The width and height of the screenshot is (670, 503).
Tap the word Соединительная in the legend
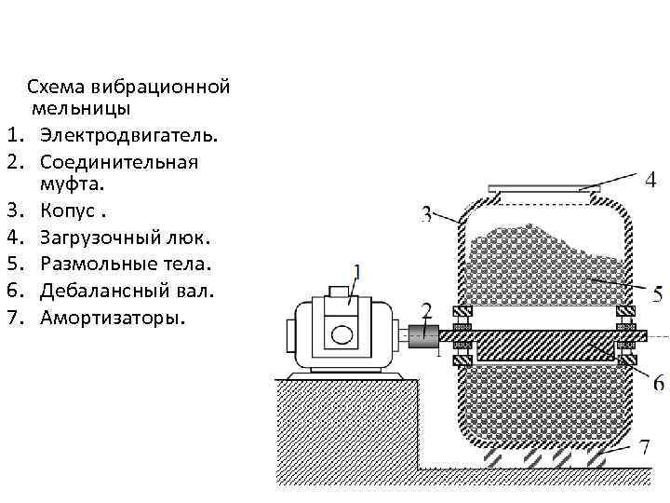(119, 162)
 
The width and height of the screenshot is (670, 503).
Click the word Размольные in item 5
(91, 267)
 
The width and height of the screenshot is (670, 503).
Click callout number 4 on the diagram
(650, 177)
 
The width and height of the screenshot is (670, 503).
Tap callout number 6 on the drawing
(658, 382)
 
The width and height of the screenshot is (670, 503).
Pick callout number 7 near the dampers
(645, 447)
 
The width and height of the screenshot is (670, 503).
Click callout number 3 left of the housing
(426, 214)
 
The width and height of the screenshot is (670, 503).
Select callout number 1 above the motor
(357, 273)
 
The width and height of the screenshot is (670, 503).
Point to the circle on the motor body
(342, 333)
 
